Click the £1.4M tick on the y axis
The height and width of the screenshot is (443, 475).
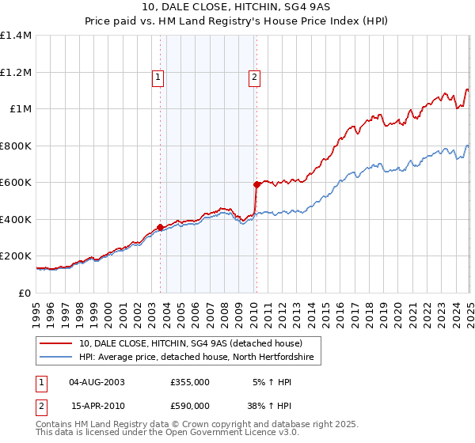16,36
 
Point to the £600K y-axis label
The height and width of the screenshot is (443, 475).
16,183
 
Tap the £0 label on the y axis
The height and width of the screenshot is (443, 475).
25,293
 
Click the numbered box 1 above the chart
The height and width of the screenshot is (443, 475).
158,78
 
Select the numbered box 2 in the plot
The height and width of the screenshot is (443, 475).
254,78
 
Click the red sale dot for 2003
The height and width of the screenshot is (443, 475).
160,227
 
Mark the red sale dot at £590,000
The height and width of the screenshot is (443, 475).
256,184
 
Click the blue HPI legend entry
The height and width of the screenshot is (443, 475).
196,358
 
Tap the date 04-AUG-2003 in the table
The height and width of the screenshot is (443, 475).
97,382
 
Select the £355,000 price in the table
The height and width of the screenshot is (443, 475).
190,382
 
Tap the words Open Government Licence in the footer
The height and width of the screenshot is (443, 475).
207,434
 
